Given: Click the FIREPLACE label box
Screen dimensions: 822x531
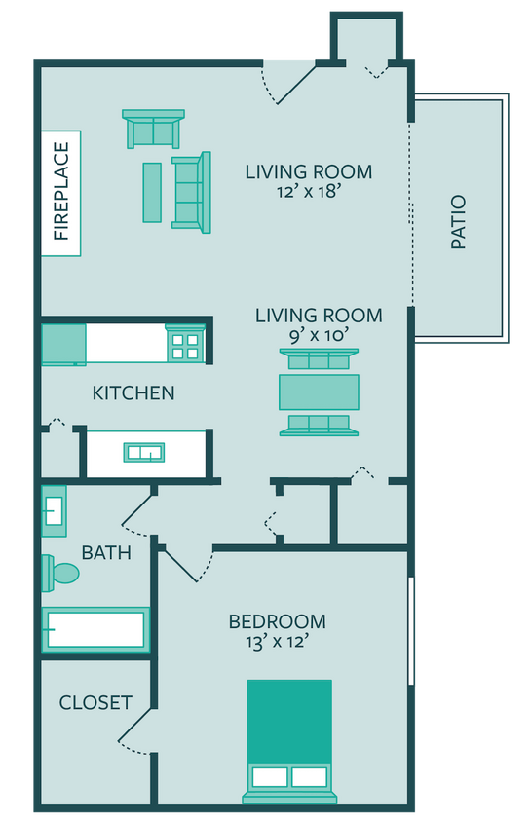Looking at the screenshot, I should click(60, 192).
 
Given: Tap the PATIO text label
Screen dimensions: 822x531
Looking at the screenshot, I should click(458, 224).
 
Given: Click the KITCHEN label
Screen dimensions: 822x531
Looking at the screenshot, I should click(133, 393).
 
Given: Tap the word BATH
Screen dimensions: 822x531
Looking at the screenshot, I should click(106, 553).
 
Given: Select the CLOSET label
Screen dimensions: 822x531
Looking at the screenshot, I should click(95, 702).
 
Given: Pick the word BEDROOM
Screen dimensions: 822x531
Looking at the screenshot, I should click(278, 621).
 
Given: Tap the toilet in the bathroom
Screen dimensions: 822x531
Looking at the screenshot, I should click(60, 573).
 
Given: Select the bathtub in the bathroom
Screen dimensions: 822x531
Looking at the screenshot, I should click(95, 630).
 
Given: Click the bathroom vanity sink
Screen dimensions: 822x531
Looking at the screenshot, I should click(54, 510).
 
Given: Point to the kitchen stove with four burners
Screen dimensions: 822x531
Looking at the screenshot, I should click(185, 342).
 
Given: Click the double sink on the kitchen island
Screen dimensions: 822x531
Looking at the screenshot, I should click(143, 452).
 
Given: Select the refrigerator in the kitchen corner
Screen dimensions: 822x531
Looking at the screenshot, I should click(63, 344).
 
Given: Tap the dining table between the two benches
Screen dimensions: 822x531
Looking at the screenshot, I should click(319, 392).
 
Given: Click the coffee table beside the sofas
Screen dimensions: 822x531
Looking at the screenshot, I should click(152, 191).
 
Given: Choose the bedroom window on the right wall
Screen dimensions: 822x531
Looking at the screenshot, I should click(412, 631).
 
